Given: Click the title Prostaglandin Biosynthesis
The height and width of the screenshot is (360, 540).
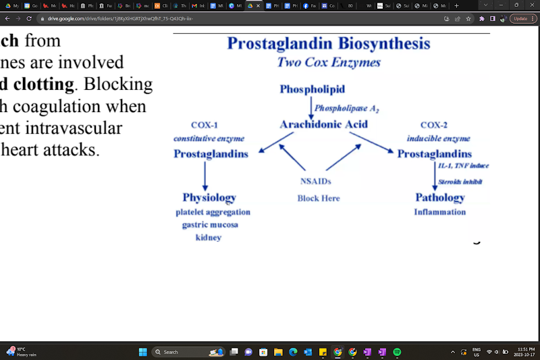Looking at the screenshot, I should pos(328,44).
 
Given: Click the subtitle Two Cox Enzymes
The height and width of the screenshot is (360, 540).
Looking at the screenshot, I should pos(328,63).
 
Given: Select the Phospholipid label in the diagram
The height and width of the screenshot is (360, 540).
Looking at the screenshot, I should pos(312,89).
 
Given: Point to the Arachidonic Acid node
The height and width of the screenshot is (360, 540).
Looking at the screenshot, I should pos(323,124).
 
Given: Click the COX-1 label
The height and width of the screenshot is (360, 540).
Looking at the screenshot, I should pos(204,125).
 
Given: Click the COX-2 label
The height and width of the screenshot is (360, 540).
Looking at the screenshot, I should pos(434,125).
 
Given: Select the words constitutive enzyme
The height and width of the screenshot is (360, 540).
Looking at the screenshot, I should pos(209,138).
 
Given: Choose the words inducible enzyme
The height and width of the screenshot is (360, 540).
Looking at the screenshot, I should pos(438,138).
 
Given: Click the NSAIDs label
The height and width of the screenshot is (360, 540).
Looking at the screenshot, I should pos(316,181).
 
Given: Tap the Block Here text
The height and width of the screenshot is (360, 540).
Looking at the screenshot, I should pos(318,198).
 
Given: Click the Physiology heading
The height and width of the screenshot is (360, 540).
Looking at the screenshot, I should pos(209,197).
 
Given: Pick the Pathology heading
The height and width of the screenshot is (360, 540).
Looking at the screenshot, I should pos(439,197).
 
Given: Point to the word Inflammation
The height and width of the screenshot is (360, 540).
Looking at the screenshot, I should pos(439,212).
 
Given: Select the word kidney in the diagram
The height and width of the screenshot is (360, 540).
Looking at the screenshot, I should pos(209,238).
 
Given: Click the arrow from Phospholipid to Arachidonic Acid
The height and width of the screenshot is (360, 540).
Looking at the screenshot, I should pos(311,107).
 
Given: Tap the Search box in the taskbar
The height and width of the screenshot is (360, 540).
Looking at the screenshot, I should pos(179,352).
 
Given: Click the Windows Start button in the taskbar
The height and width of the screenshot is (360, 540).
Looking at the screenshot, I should pos(142,352).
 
